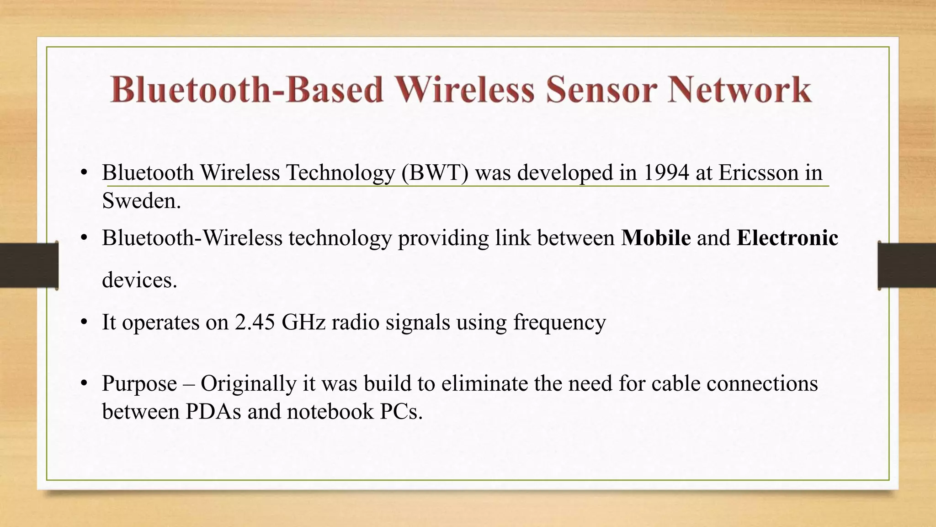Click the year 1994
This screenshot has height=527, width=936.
coord(666,173)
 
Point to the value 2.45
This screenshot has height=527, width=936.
coord(255,322)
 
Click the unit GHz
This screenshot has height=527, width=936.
coord(303,322)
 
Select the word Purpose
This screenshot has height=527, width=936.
coord(139,384)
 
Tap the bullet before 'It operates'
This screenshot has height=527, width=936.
coord(83,322)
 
